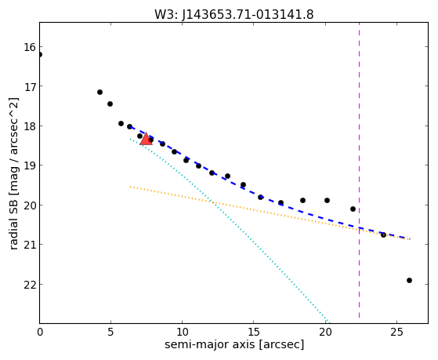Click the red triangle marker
146,139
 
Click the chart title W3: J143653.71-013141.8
234,15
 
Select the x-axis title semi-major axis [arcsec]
234,344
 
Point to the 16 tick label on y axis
30,47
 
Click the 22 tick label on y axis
30,285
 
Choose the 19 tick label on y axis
30,165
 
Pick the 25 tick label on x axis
397,332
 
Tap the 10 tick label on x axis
182,332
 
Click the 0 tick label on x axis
40,332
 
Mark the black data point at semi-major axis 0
40,54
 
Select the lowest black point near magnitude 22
409,280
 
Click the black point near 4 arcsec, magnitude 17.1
100,92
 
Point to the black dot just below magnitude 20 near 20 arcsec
327,200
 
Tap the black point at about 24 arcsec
383,235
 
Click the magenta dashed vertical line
359,170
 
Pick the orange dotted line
270,213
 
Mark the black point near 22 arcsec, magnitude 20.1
353,209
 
